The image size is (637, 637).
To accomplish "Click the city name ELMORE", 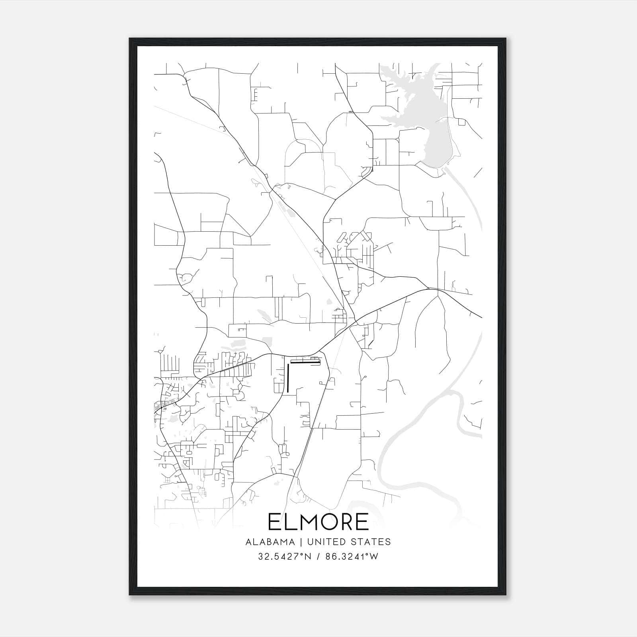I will (x=318, y=522).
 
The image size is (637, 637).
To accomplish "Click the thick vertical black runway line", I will (x=287, y=378).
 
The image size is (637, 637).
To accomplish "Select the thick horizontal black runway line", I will (x=305, y=362).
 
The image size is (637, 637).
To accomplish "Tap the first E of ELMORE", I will (x=275, y=522).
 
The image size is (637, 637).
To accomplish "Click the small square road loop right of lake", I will (x=461, y=122).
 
